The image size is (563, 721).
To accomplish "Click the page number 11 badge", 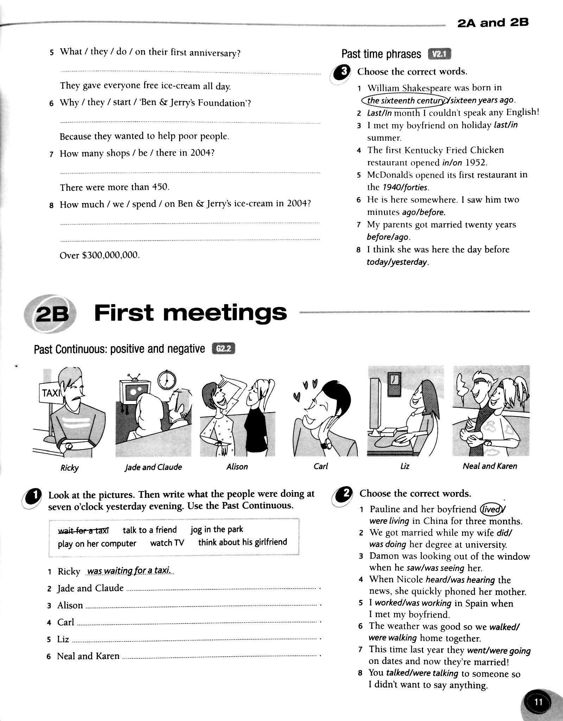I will (538, 702).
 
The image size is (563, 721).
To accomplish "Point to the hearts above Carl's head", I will (305, 389).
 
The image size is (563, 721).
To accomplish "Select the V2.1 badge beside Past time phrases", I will (439, 54).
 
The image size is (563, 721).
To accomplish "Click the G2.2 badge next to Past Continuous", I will (223, 349).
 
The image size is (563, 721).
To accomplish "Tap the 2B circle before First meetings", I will (51, 313).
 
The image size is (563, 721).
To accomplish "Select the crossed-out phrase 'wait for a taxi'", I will (84, 530).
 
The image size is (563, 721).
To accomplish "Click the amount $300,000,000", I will (110, 255).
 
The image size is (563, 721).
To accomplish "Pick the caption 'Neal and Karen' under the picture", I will (490, 466).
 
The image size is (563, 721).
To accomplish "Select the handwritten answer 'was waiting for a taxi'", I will (129, 571).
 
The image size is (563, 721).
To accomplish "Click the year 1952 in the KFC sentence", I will (476, 163).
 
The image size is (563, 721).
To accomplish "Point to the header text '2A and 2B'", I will (493, 23).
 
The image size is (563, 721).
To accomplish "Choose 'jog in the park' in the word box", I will (217, 529).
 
